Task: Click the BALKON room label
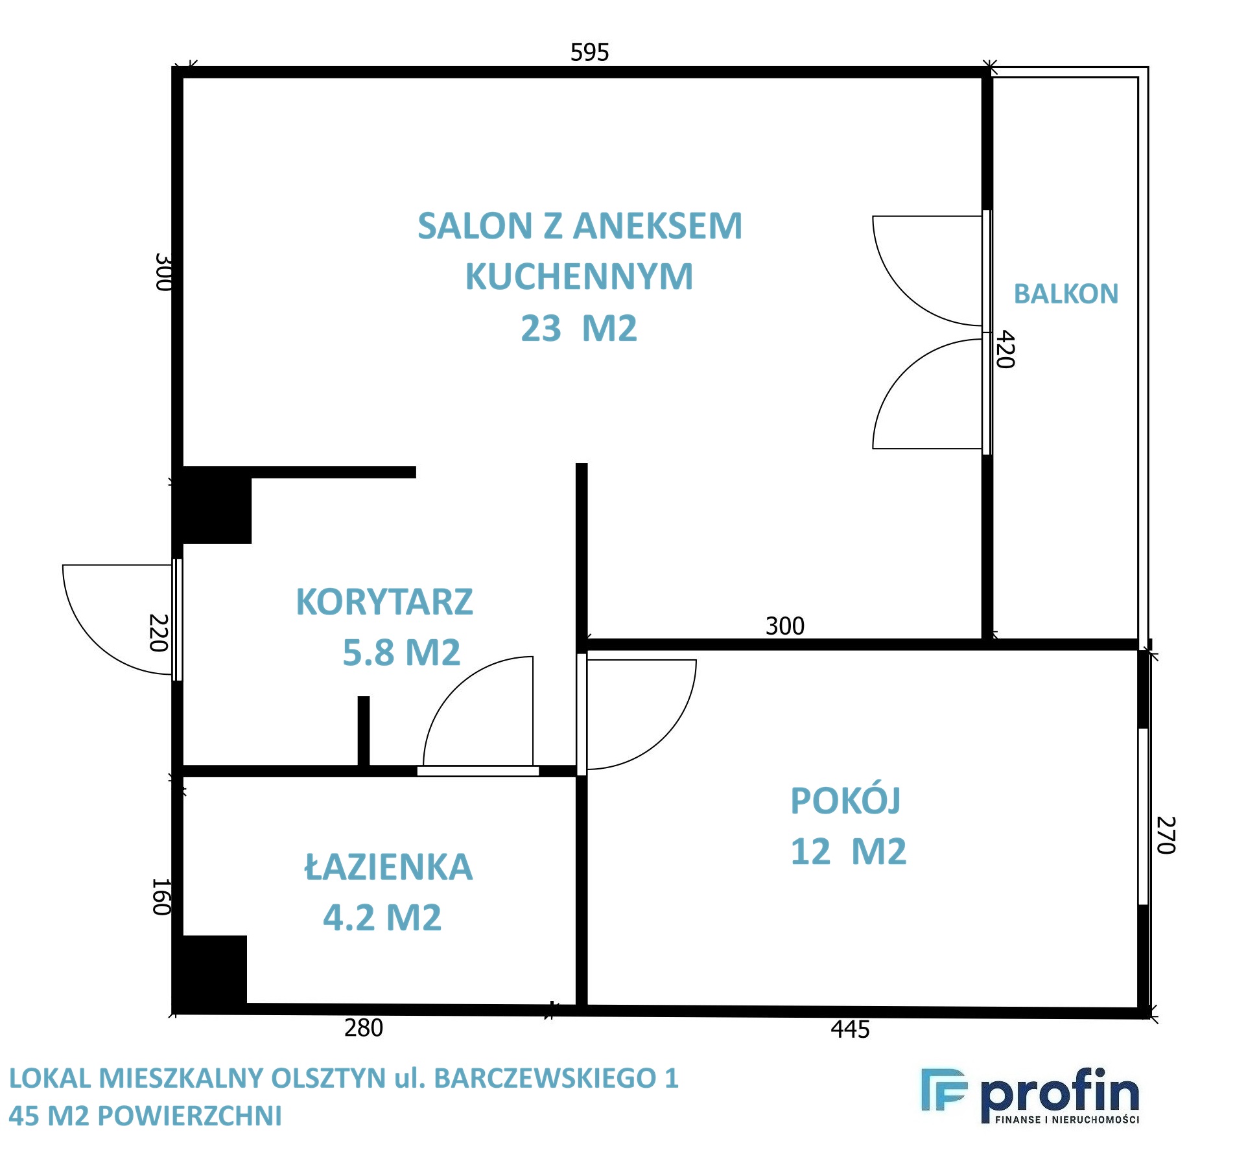tap(1066, 294)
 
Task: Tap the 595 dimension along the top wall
tap(589, 53)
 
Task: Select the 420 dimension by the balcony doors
tap(1006, 349)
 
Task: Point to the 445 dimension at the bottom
tap(850, 1029)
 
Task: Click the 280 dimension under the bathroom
tap(363, 1028)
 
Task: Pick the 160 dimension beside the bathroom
tap(161, 897)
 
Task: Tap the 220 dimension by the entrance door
tap(159, 633)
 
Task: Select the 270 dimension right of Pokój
tap(1166, 835)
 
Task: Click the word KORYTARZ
tap(384, 602)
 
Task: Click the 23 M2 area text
tap(579, 328)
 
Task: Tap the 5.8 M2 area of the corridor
tap(401, 652)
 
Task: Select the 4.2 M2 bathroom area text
tap(382, 917)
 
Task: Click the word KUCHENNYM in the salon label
tap(579, 276)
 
